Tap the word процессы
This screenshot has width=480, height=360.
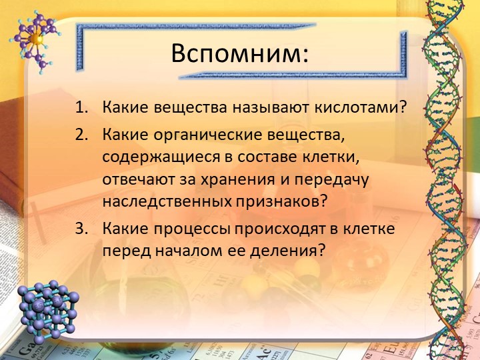[x=197, y=229]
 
